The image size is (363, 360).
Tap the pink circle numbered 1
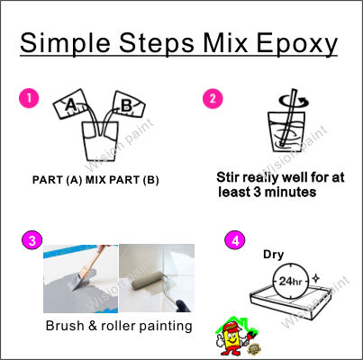(29, 98)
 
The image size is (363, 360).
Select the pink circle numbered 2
(213, 98)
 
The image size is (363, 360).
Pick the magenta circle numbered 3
(32, 240)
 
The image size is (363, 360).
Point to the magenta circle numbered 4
(235, 240)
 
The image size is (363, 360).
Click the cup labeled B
(128, 105)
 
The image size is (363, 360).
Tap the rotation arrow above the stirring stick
(294, 102)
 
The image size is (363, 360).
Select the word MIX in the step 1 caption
(95, 180)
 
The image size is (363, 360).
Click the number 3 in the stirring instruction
(257, 192)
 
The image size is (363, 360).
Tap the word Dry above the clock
(273, 255)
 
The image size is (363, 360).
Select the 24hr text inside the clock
(290, 282)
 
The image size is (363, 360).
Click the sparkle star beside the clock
(315, 279)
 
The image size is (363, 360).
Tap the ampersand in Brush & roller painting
(93, 326)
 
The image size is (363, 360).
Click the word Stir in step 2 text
(228, 177)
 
